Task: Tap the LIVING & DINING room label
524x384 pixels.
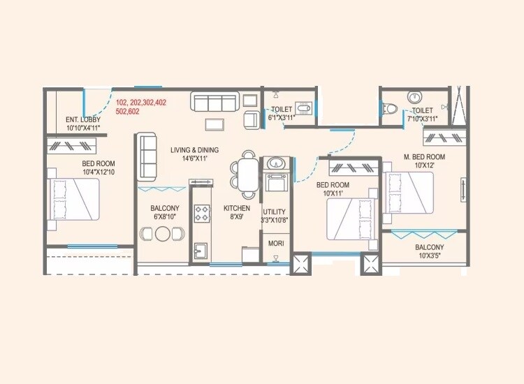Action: click(x=195, y=150)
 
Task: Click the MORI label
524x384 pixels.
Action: click(x=275, y=243)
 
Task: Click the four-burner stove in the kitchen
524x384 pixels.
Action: click(x=202, y=213)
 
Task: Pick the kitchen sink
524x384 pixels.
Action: click(x=201, y=249)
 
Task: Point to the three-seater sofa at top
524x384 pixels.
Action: click(x=216, y=103)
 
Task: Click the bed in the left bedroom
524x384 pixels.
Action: click(x=73, y=199)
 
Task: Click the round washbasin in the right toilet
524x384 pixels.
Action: click(x=414, y=98)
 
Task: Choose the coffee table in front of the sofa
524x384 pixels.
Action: click(x=214, y=125)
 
